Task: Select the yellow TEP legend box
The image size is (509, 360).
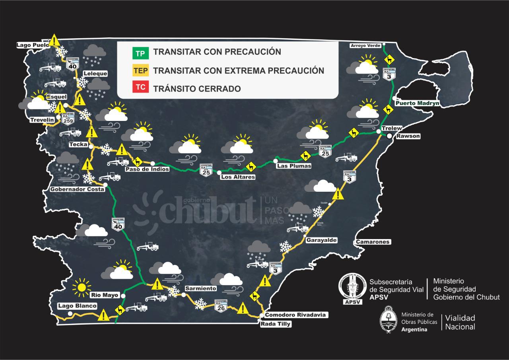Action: [x=140, y=71]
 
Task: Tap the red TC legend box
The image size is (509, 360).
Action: [x=140, y=88]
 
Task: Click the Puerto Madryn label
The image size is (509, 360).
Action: [x=418, y=103]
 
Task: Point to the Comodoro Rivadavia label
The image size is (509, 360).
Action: [x=295, y=315]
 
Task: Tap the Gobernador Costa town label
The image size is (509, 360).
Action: [x=77, y=189]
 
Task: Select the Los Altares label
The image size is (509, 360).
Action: [x=237, y=177]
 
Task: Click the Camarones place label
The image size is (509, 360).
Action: [x=373, y=242]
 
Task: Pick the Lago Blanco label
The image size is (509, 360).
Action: [x=77, y=306]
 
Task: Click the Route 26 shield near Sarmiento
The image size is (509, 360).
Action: [x=221, y=305]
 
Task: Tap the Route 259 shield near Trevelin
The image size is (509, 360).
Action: [x=67, y=119]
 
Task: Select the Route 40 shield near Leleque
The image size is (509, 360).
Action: [x=72, y=63]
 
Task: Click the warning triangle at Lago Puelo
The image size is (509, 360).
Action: [x=54, y=40]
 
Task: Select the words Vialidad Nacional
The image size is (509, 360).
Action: [x=460, y=322]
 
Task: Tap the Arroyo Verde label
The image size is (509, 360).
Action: [x=365, y=46]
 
